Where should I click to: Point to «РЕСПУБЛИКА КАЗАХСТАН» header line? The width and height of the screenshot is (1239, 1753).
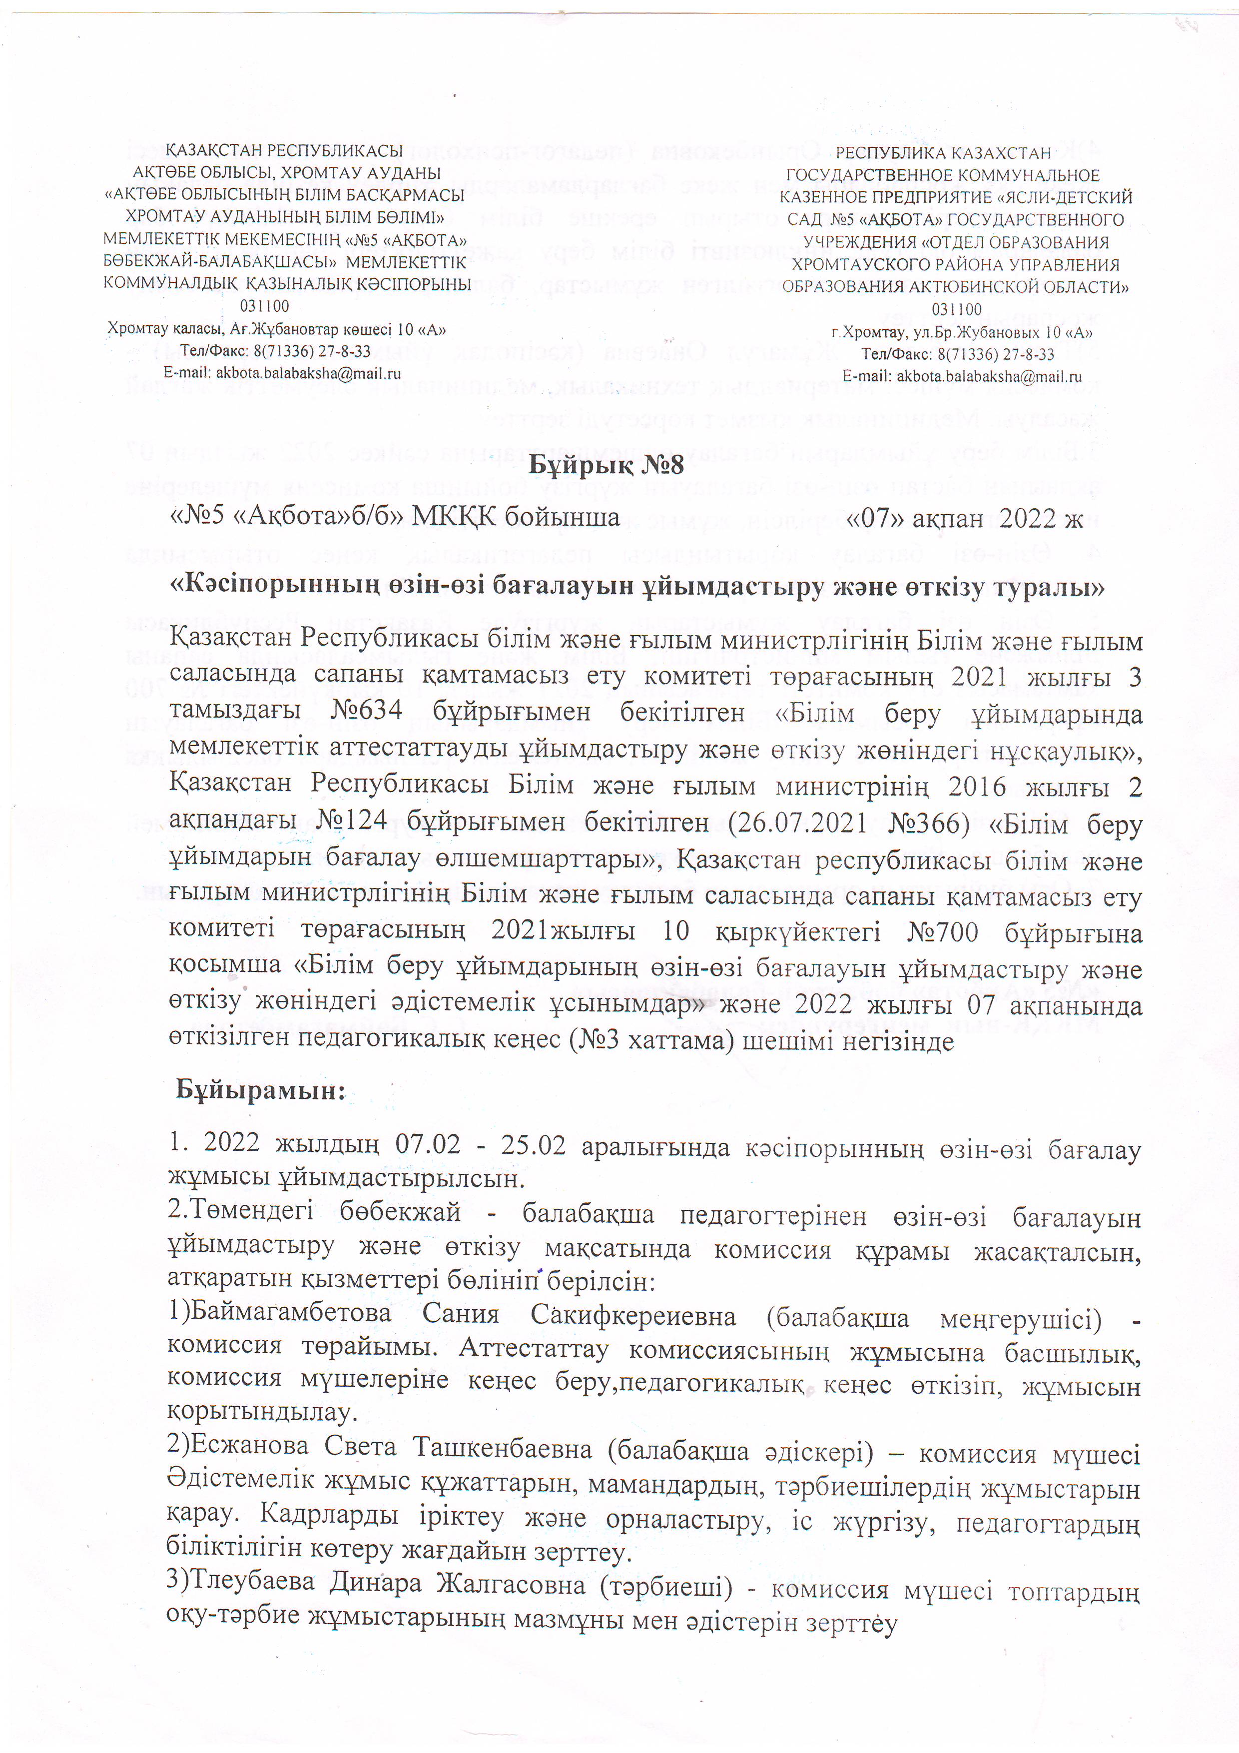(943, 153)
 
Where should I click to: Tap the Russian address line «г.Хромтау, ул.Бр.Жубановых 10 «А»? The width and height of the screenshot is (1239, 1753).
(962, 333)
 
